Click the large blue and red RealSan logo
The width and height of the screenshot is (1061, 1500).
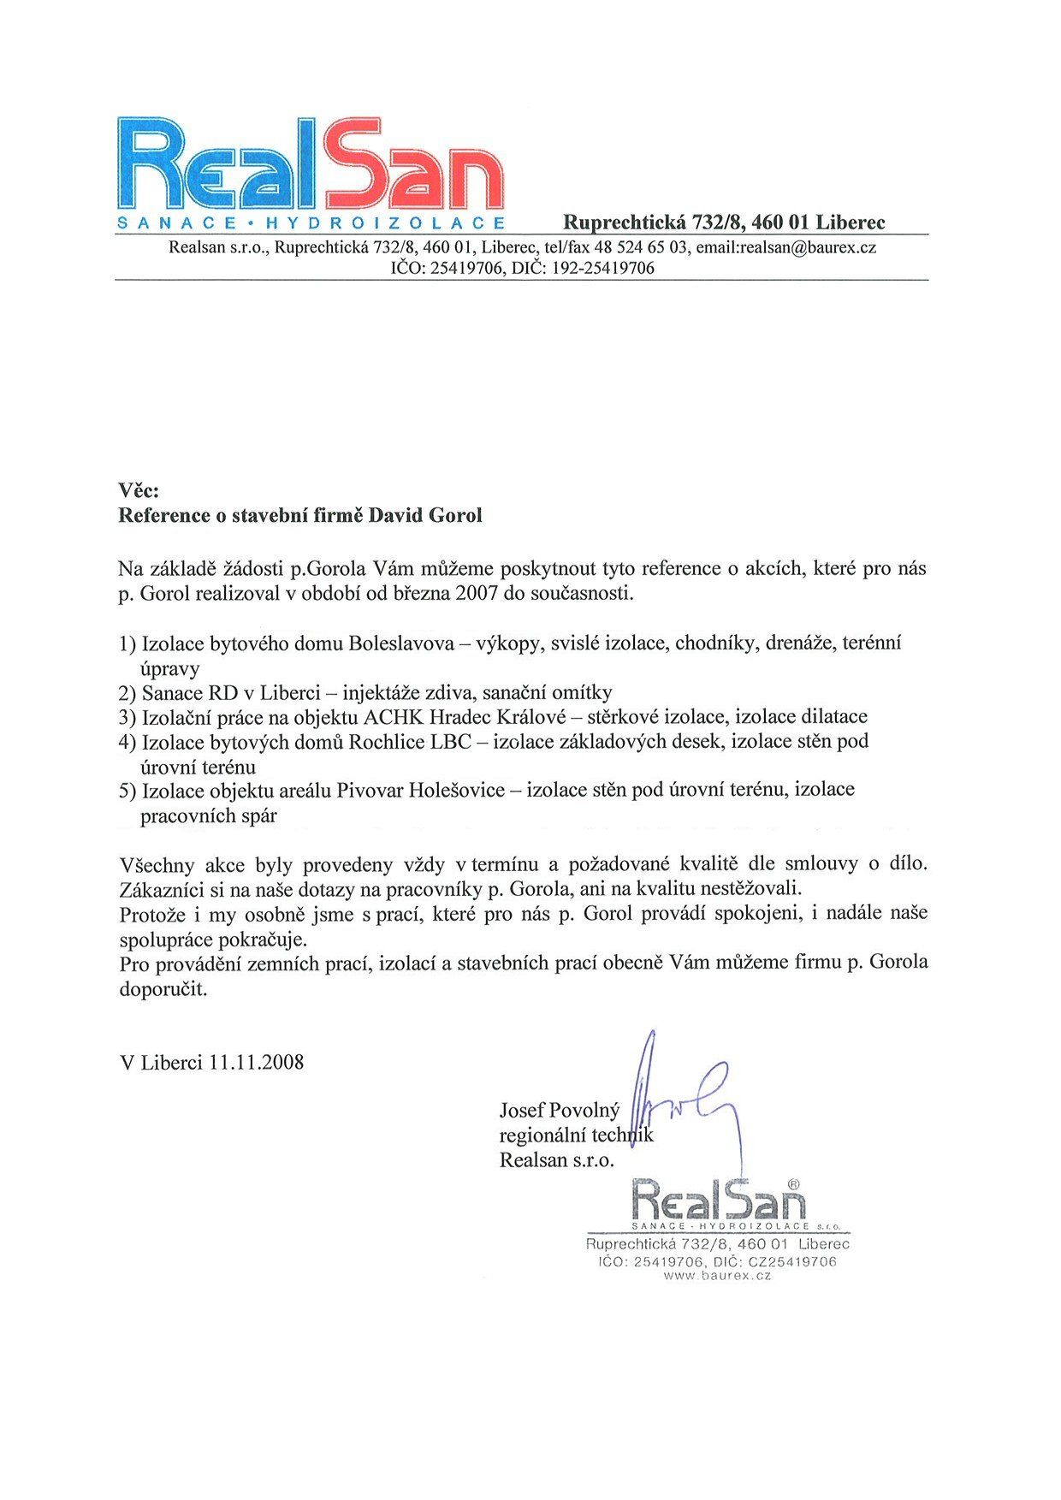coord(310,164)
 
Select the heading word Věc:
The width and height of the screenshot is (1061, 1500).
coord(139,490)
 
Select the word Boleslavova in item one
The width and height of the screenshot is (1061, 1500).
coord(401,643)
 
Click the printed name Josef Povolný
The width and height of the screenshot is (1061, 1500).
coord(559,1111)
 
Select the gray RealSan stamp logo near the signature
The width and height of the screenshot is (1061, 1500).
coord(718,1200)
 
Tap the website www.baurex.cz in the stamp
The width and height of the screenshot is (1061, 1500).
coord(717,1275)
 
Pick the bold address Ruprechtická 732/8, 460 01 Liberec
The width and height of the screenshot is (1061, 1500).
coord(724,222)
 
